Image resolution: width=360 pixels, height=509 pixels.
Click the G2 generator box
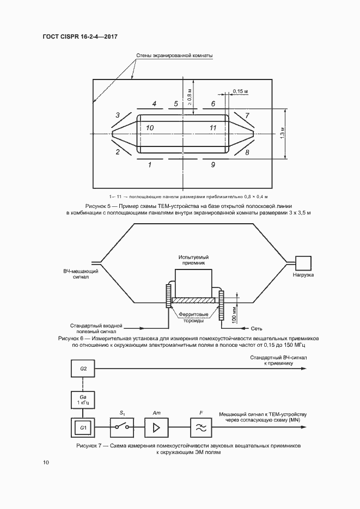[83, 369]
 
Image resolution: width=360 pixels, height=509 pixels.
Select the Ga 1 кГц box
[83, 400]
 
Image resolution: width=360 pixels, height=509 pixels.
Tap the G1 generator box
[83, 428]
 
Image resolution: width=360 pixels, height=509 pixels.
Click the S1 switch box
[121, 428]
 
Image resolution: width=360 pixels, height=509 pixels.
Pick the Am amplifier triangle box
[157, 428]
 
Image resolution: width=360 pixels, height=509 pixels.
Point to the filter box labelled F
[201, 428]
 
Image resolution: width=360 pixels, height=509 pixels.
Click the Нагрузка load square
[303, 263]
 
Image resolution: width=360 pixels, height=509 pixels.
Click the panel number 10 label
[150, 128]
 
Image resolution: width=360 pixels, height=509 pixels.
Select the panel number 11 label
[212, 128]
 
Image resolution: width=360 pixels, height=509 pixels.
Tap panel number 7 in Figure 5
[247, 115]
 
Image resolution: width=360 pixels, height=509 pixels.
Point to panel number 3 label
[118, 115]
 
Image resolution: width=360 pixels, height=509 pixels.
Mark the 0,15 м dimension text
[241, 91]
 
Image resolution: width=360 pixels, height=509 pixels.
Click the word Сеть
[257, 328]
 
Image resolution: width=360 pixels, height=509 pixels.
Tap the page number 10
[46, 462]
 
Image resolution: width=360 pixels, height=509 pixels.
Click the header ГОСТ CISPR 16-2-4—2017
[80, 36]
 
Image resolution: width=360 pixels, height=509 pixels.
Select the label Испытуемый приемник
[193, 260]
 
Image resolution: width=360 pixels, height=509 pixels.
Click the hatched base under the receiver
[194, 301]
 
